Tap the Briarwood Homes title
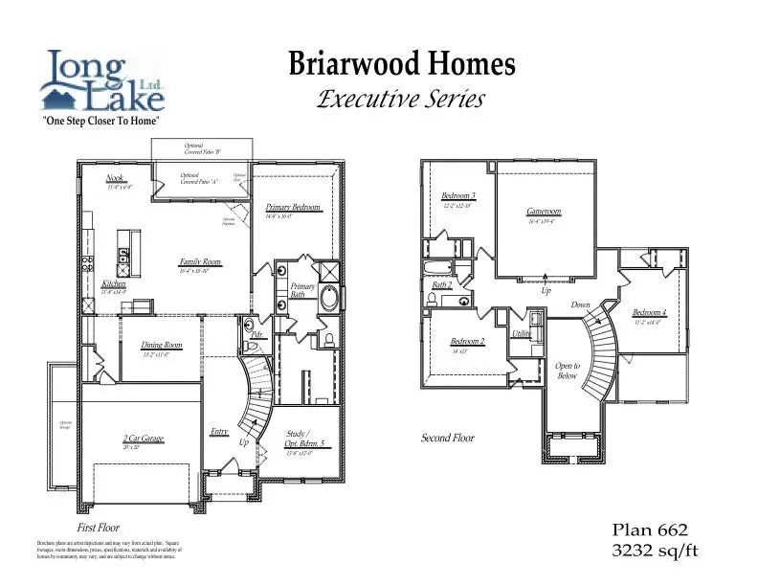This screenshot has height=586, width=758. coord(402,64)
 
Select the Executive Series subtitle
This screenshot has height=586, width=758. coord(401,99)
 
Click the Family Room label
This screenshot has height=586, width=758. coord(200,261)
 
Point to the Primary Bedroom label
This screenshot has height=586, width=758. coord(293,208)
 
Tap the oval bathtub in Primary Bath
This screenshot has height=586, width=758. coord(328,298)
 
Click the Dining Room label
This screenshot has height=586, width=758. coord(162,346)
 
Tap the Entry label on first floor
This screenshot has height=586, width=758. coord(219,432)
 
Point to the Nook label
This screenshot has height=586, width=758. coord(115,178)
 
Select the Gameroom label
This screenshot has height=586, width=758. coord(543,212)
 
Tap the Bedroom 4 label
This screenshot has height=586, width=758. coord(650,313)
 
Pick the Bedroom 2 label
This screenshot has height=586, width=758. coord(468,342)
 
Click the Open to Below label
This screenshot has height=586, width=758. coord(568,371)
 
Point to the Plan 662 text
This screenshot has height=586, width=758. coord(650,530)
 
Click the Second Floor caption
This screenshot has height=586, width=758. coord(448,438)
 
